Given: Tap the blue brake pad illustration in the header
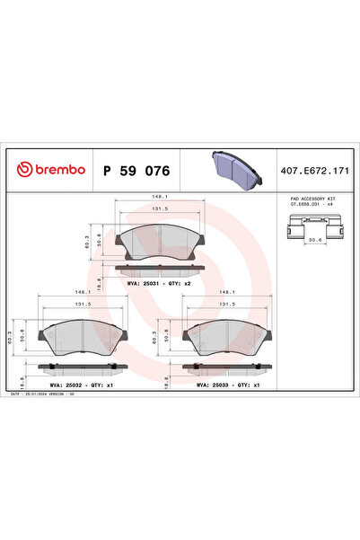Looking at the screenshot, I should coord(232,166).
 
